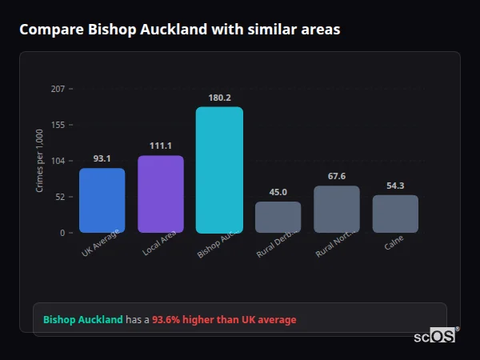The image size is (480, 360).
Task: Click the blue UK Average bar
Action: [102, 200]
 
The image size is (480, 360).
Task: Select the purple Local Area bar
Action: [161, 194]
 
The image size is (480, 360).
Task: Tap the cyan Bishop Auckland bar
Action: [219, 170]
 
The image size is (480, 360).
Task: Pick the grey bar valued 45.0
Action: [278, 217]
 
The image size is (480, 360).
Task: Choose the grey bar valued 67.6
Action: [337, 209]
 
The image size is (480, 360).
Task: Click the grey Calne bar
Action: [395, 214]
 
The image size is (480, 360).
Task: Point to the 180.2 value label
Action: [219, 98]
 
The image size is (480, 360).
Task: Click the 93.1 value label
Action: [102, 158]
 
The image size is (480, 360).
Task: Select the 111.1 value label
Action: [161, 146]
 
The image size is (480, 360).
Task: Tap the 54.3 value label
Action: [395, 186]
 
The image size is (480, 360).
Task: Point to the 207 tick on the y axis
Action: [58, 89]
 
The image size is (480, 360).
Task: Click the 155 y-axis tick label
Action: [58, 125]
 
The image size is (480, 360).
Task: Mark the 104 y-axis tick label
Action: [58, 161]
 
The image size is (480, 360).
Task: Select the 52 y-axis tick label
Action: [60, 197]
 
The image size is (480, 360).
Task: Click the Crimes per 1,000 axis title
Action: [40, 161]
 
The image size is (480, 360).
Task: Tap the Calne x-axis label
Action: [394, 243]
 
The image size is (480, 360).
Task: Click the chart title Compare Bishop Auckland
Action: [180, 30]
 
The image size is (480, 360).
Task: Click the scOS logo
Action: [435, 337]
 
